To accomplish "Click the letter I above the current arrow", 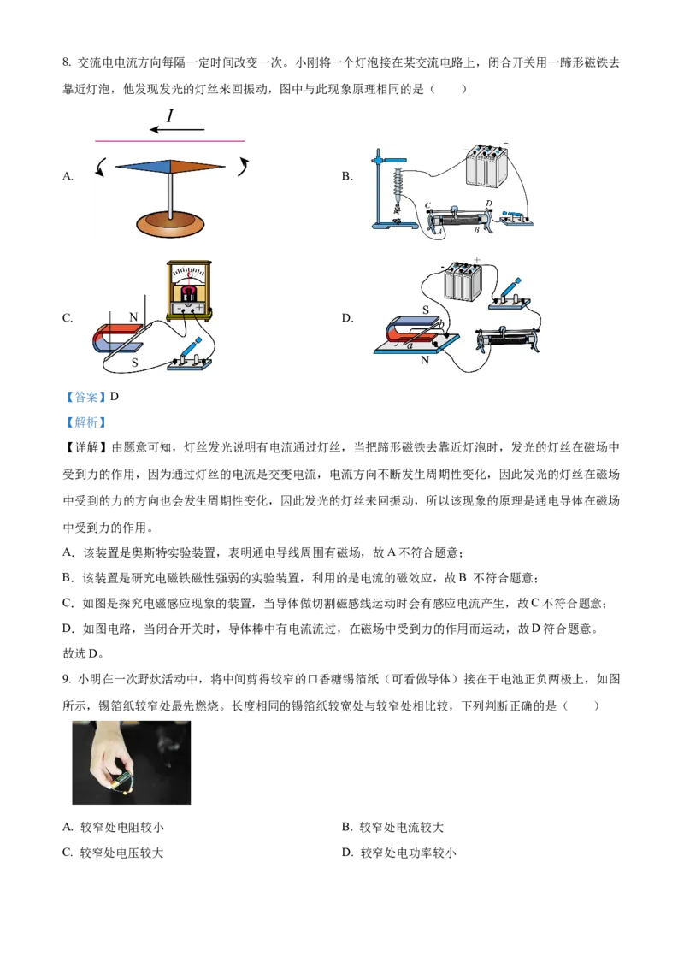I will [x=169, y=115].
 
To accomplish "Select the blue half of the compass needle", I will [x=143, y=167].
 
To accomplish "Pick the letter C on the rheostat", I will [x=427, y=204].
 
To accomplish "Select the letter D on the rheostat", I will [x=489, y=203].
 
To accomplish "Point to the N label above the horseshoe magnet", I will [x=133, y=317].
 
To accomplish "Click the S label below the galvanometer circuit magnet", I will [x=133, y=362].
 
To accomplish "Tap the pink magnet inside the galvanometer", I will [x=192, y=292].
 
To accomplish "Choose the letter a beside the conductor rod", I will [x=409, y=345].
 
